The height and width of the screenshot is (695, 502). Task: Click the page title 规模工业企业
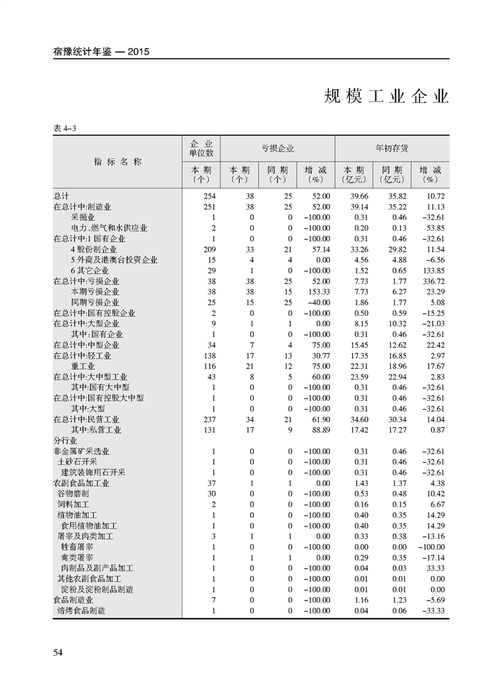point(386,96)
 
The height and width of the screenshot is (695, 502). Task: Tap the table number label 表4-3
point(64,127)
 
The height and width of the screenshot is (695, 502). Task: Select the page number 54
point(59,652)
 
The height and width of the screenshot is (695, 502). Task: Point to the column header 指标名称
point(117,162)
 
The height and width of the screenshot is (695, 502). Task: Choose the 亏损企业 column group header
point(278,148)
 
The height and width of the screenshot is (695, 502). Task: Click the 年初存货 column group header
point(392,148)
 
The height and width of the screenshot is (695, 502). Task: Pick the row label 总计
point(61,196)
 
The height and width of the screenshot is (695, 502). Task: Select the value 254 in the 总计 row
point(208,196)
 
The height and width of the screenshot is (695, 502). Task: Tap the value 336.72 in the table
point(433,281)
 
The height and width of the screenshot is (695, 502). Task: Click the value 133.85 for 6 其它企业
point(433,271)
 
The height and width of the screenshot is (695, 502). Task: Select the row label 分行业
point(65,440)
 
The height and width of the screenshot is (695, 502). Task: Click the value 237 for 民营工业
point(208,420)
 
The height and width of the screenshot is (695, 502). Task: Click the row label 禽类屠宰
point(78,557)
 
